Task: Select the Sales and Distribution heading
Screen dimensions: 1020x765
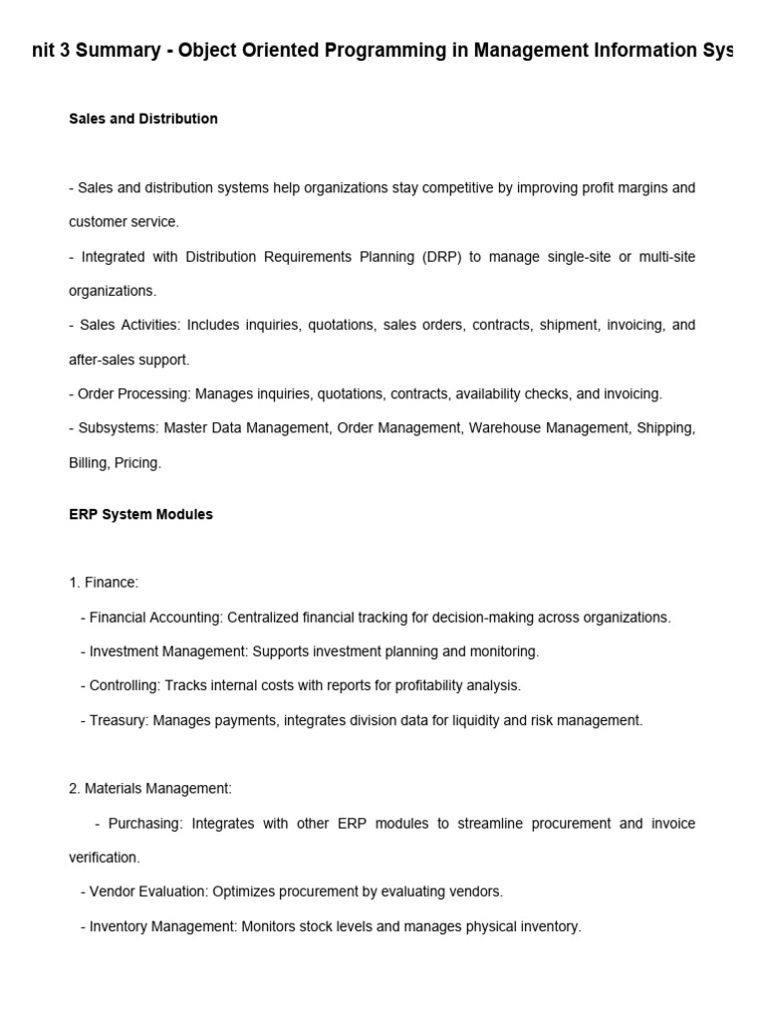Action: [x=143, y=119]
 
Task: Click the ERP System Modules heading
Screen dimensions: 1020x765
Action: [x=140, y=515]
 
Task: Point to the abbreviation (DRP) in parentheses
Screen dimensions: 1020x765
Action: [x=434, y=257]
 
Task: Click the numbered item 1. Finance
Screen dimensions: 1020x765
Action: [x=104, y=583]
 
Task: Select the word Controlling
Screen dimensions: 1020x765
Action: [x=124, y=685]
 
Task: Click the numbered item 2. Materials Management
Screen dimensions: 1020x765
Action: [x=150, y=788]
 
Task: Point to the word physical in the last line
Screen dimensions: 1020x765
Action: [x=484, y=926]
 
